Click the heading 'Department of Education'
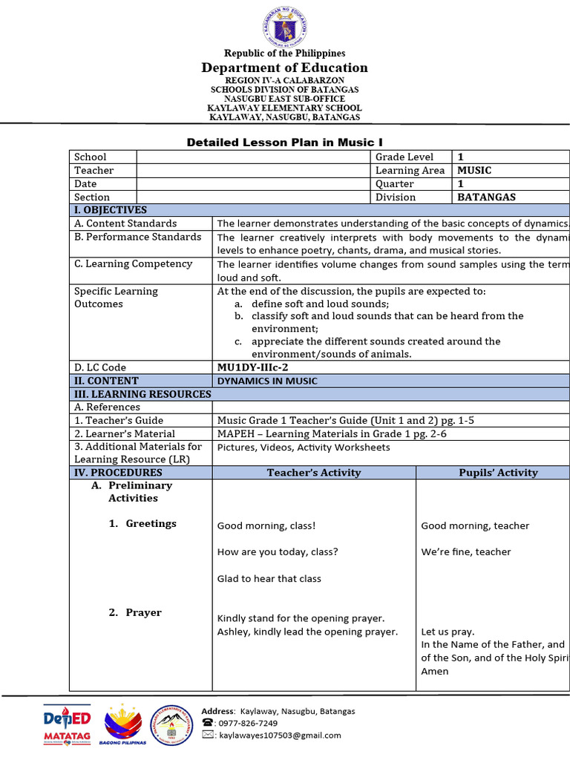(285, 68)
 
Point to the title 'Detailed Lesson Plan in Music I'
(284, 142)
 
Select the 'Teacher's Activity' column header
(314, 472)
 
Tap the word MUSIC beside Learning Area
(474, 170)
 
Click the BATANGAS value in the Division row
(486, 197)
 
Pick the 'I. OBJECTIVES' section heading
(109, 210)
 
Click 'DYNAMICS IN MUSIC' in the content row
(266, 381)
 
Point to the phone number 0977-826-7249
(248, 723)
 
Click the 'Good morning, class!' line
(266, 525)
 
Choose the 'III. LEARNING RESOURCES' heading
(140, 393)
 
